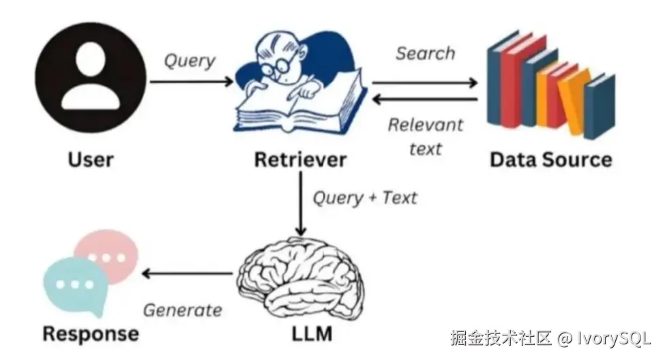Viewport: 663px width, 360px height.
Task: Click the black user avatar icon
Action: (91, 78)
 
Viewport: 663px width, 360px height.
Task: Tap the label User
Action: (91, 160)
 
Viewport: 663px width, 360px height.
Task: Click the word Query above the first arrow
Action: (189, 61)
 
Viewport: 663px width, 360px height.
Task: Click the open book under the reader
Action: (300, 109)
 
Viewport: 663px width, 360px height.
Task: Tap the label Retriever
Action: (300, 160)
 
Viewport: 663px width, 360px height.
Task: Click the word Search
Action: (425, 54)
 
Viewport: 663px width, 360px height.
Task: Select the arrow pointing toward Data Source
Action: (424, 82)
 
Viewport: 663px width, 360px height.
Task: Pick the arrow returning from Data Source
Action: (424, 99)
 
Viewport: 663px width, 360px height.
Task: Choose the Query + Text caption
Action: (364, 198)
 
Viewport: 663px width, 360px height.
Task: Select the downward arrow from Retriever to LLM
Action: (299, 205)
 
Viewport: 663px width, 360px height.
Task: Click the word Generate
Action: (182, 310)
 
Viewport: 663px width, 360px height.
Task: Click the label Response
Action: (91, 334)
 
